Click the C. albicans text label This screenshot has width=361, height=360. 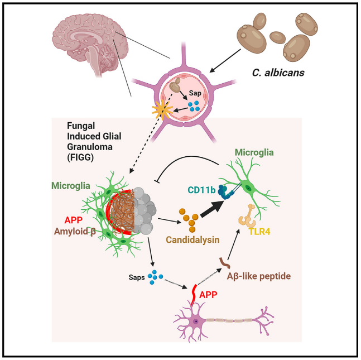point(278,73)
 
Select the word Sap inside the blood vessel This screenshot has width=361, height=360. point(195,93)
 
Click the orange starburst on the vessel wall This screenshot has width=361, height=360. point(162,111)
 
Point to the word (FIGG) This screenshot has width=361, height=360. point(80,157)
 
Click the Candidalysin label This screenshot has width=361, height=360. point(192,240)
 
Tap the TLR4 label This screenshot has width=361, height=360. point(259,232)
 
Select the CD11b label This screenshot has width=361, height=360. point(201,190)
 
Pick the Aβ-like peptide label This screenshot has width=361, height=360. point(259,276)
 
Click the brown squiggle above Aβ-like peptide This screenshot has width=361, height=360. point(224,263)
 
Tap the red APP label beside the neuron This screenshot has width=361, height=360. point(208,295)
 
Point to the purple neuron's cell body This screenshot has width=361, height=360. point(196,321)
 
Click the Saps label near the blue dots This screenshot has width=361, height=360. point(137,277)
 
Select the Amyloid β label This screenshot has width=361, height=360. point(75,231)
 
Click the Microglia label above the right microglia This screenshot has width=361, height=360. point(254,152)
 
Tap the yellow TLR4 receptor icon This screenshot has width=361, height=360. point(248,216)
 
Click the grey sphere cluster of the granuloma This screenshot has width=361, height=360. point(145,211)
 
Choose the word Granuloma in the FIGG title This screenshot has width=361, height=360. point(90,147)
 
